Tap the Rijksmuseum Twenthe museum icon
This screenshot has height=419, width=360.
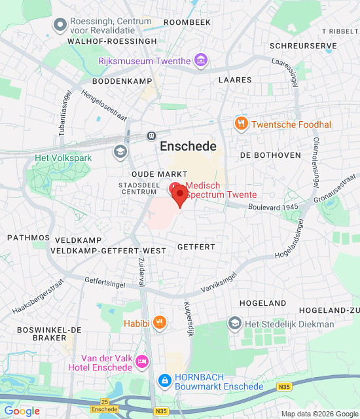201,61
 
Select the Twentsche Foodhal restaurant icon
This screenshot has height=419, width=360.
242,124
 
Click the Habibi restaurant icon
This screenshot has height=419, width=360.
159,322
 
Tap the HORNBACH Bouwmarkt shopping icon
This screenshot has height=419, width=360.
165,380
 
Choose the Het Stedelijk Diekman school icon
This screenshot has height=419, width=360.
234,323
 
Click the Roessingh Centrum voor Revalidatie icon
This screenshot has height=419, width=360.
60,25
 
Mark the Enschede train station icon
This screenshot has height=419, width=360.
151,136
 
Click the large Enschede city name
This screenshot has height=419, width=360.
188,147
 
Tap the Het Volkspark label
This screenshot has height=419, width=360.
63,158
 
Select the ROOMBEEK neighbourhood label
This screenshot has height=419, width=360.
187,22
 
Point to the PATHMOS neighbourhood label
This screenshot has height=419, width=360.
28,238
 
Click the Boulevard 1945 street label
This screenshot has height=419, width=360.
273,207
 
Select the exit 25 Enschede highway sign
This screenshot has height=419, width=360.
105,405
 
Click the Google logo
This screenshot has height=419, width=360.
22,411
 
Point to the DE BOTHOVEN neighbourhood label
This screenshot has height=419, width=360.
270,155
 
